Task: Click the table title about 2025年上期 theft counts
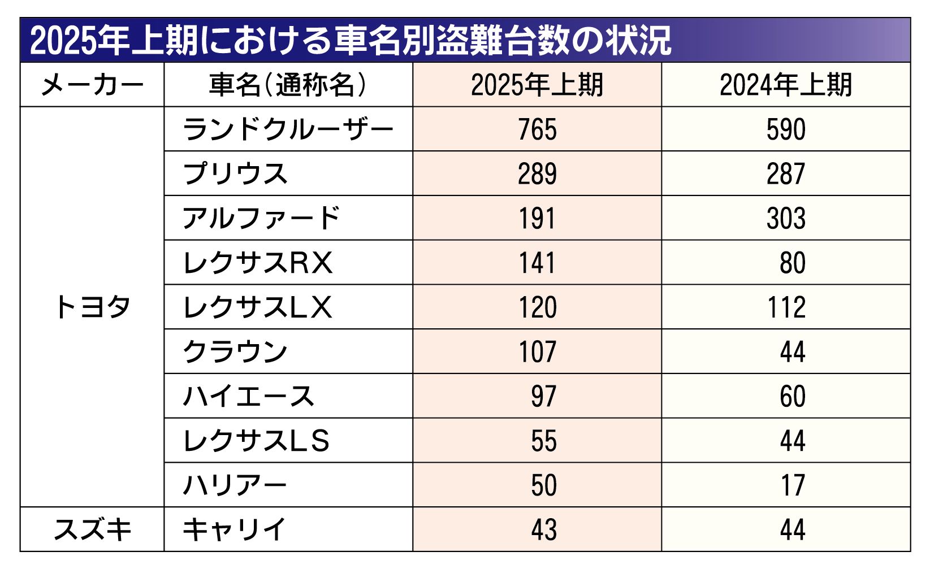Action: [351, 41]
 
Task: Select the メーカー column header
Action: [92, 85]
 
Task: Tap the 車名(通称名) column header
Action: [288, 85]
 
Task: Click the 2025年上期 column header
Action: [537, 85]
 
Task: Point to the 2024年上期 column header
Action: [785, 85]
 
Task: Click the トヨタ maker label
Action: [92, 307]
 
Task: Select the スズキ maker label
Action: [92, 530]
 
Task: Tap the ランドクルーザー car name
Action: [288, 129]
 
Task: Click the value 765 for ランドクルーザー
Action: [537, 129]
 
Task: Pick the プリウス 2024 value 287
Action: [786, 174]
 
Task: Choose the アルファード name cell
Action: [261, 219]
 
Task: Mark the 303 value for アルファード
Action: [786, 219]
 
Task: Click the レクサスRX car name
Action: [258, 263]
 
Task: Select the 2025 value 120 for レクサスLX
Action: [537, 307]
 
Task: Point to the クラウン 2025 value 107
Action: [537, 352]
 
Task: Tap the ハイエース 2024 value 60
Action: [792, 397]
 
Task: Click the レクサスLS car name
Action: [256, 441]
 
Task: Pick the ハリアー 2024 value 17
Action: [792, 485]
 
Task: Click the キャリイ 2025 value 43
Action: [543, 530]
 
